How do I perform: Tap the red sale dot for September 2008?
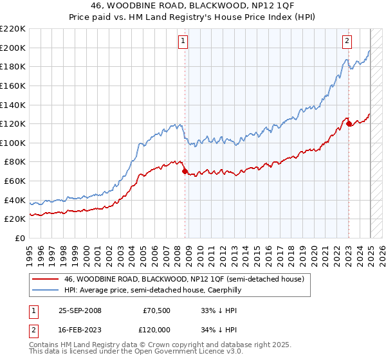click(185, 172)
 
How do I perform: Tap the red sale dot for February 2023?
click(349, 124)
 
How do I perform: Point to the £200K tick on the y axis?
click(14, 48)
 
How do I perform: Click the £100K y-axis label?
click(14, 143)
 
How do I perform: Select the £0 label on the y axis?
click(20, 239)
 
